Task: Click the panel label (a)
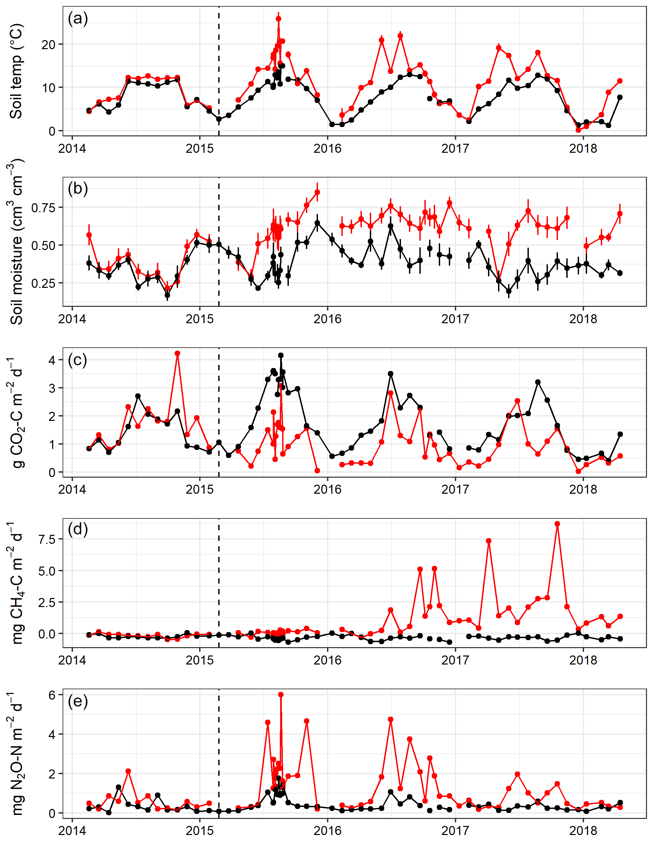78,18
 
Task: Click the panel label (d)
78,530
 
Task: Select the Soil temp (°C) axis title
16,71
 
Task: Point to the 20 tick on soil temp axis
49,45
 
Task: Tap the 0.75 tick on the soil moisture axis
44,208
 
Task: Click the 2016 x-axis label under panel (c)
327,489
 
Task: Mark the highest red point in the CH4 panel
557,524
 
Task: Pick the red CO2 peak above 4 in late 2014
177,353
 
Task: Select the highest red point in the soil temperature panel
278,18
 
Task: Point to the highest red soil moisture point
317,192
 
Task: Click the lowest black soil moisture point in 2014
167,295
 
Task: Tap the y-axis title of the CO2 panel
16,412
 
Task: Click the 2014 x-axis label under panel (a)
72,148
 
